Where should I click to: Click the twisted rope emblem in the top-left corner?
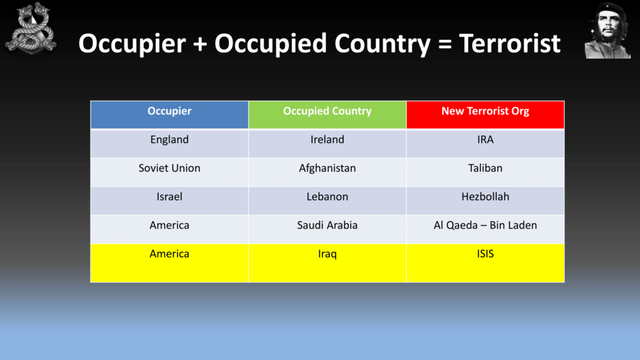point(31,29)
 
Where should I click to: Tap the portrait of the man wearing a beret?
point(607,31)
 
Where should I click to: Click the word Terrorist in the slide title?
point(510,43)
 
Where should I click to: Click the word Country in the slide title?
point(382,44)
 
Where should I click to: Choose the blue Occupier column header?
point(169,115)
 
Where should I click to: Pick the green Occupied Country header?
point(327,115)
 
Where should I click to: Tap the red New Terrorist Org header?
point(485,115)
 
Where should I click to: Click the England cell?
point(169,143)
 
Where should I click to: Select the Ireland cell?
point(327,143)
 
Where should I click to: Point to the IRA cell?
point(485,143)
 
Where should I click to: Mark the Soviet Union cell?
point(169,172)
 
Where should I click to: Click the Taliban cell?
point(485,172)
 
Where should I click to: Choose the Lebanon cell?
point(327,201)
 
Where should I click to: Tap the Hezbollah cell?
point(485,201)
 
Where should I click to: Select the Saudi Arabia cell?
point(327,229)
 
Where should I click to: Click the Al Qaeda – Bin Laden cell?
point(485,229)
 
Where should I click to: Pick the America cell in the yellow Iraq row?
point(169,263)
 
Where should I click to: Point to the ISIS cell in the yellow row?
point(485,263)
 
